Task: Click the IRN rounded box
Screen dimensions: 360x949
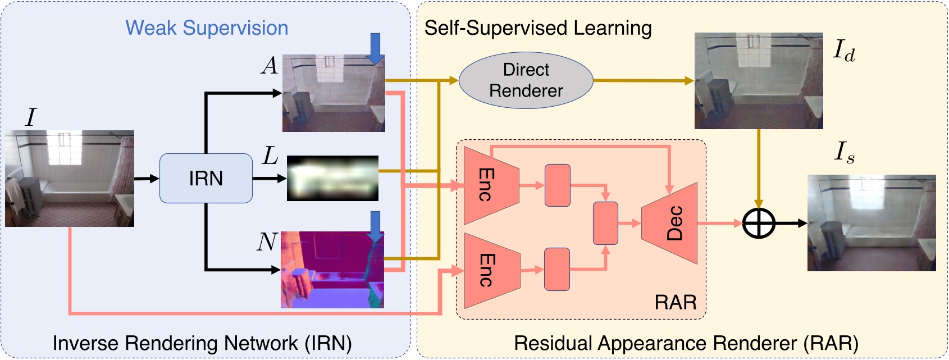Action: pyautogui.click(x=206, y=178)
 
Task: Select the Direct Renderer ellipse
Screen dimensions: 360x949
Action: pyautogui.click(x=526, y=80)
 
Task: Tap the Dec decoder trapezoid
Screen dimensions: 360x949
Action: pyautogui.click(x=672, y=223)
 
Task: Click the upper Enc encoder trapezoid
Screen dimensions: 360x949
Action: pyautogui.click(x=490, y=185)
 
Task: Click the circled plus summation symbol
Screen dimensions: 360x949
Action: pyautogui.click(x=759, y=223)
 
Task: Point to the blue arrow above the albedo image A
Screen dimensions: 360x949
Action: pyautogui.click(x=375, y=48)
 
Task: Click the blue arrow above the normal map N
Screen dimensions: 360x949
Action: pyautogui.click(x=375, y=226)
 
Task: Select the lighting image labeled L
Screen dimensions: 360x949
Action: pyautogui.click(x=332, y=179)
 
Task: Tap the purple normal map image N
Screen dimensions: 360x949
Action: pyautogui.click(x=332, y=270)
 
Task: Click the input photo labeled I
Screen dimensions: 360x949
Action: pyautogui.click(x=70, y=179)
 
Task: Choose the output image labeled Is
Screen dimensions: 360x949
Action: pyautogui.click(x=872, y=223)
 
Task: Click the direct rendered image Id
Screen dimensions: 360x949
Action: pyautogui.click(x=759, y=81)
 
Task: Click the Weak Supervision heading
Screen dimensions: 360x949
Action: pyautogui.click(x=207, y=28)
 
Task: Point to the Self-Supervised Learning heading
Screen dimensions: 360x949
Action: pyautogui.click(x=538, y=28)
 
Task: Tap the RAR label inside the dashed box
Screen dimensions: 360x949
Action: pyautogui.click(x=675, y=303)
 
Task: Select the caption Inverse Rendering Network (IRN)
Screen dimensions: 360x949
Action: pyautogui.click(x=202, y=343)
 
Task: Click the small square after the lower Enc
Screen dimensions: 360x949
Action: pyautogui.click(x=557, y=270)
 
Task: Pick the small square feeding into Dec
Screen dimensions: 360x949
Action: pyautogui.click(x=605, y=223)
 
